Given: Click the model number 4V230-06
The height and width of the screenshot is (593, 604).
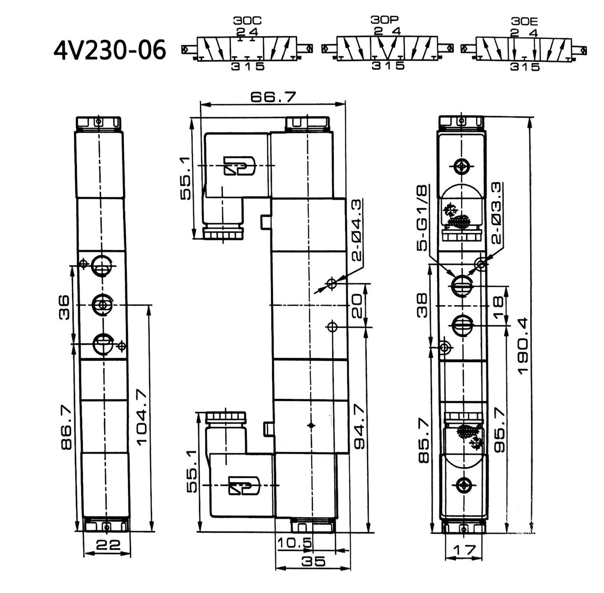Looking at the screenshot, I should pyautogui.click(x=109, y=51).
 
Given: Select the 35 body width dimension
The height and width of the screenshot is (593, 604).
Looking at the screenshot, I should pyautogui.click(x=313, y=561).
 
